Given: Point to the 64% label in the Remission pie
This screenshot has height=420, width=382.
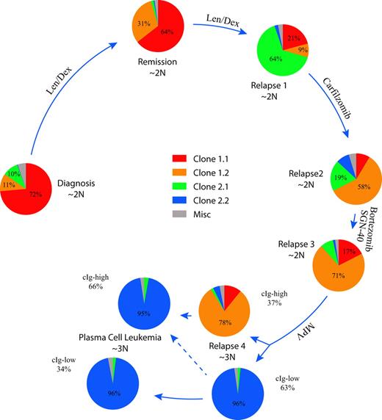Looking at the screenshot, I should point(167,32).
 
